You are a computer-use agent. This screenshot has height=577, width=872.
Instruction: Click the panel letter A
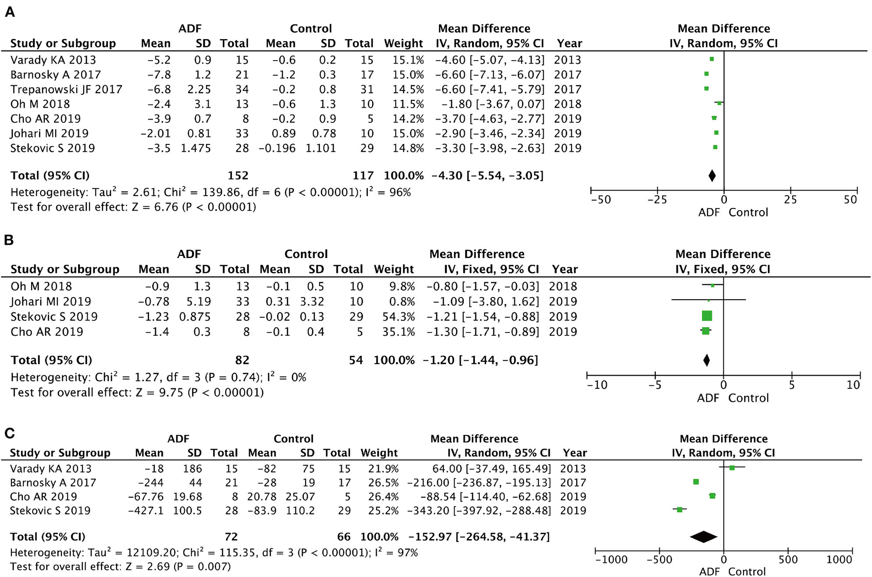(10, 12)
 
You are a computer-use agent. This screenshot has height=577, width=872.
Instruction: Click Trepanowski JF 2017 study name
(66, 90)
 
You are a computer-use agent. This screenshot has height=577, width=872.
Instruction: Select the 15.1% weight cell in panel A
(408, 60)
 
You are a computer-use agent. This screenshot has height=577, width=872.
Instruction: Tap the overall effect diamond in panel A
(712, 176)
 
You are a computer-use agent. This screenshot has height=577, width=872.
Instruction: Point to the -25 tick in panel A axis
(657, 200)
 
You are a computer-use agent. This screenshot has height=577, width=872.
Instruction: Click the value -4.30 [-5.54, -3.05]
(487, 176)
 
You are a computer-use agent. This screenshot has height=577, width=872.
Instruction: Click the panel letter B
(9, 240)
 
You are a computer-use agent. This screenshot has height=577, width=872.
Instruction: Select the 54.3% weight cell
(398, 317)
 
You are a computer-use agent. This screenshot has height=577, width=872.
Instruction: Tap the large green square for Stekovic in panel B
(707, 316)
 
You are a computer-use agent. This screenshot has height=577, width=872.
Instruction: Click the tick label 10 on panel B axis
(853, 385)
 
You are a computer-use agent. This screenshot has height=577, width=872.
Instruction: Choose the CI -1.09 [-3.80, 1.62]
(482, 302)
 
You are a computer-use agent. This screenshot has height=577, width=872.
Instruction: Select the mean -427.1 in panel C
(146, 511)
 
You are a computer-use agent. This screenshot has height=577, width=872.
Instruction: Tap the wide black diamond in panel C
(703, 537)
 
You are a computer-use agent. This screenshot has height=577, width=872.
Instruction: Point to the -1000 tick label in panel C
(611, 560)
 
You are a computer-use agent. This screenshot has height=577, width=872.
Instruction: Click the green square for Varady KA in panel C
(732, 468)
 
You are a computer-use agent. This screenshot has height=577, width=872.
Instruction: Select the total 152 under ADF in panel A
(238, 176)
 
